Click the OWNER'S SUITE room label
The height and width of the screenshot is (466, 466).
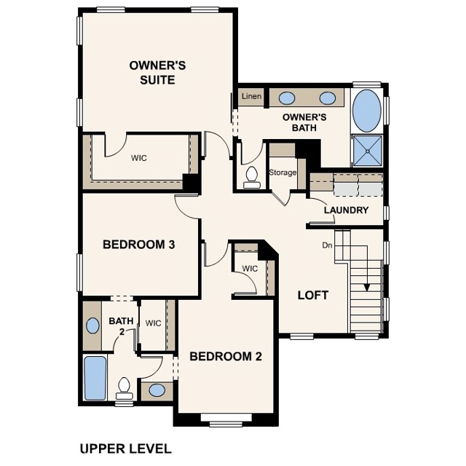point(157,72)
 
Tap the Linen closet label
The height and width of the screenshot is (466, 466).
point(251,96)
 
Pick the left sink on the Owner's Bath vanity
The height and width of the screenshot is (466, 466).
point(287,98)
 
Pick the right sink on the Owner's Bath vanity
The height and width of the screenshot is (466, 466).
point(327,98)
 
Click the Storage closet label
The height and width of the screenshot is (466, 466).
point(283,173)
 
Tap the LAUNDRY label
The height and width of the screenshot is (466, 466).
point(347,210)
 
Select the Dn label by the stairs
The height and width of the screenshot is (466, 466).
point(328,245)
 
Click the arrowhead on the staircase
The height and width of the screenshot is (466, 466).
point(367,286)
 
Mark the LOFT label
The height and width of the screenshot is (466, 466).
point(313,296)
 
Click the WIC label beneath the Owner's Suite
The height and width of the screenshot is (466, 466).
point(140,157)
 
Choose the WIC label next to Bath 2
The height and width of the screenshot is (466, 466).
point(153,323)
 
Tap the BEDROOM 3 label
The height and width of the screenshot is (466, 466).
point(138,245)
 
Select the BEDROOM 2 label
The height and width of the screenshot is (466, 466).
point(225,356)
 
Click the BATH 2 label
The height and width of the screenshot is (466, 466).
point(118,325)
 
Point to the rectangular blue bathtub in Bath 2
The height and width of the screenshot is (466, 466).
point(95,378)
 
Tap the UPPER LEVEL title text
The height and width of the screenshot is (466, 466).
point(125,448)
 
